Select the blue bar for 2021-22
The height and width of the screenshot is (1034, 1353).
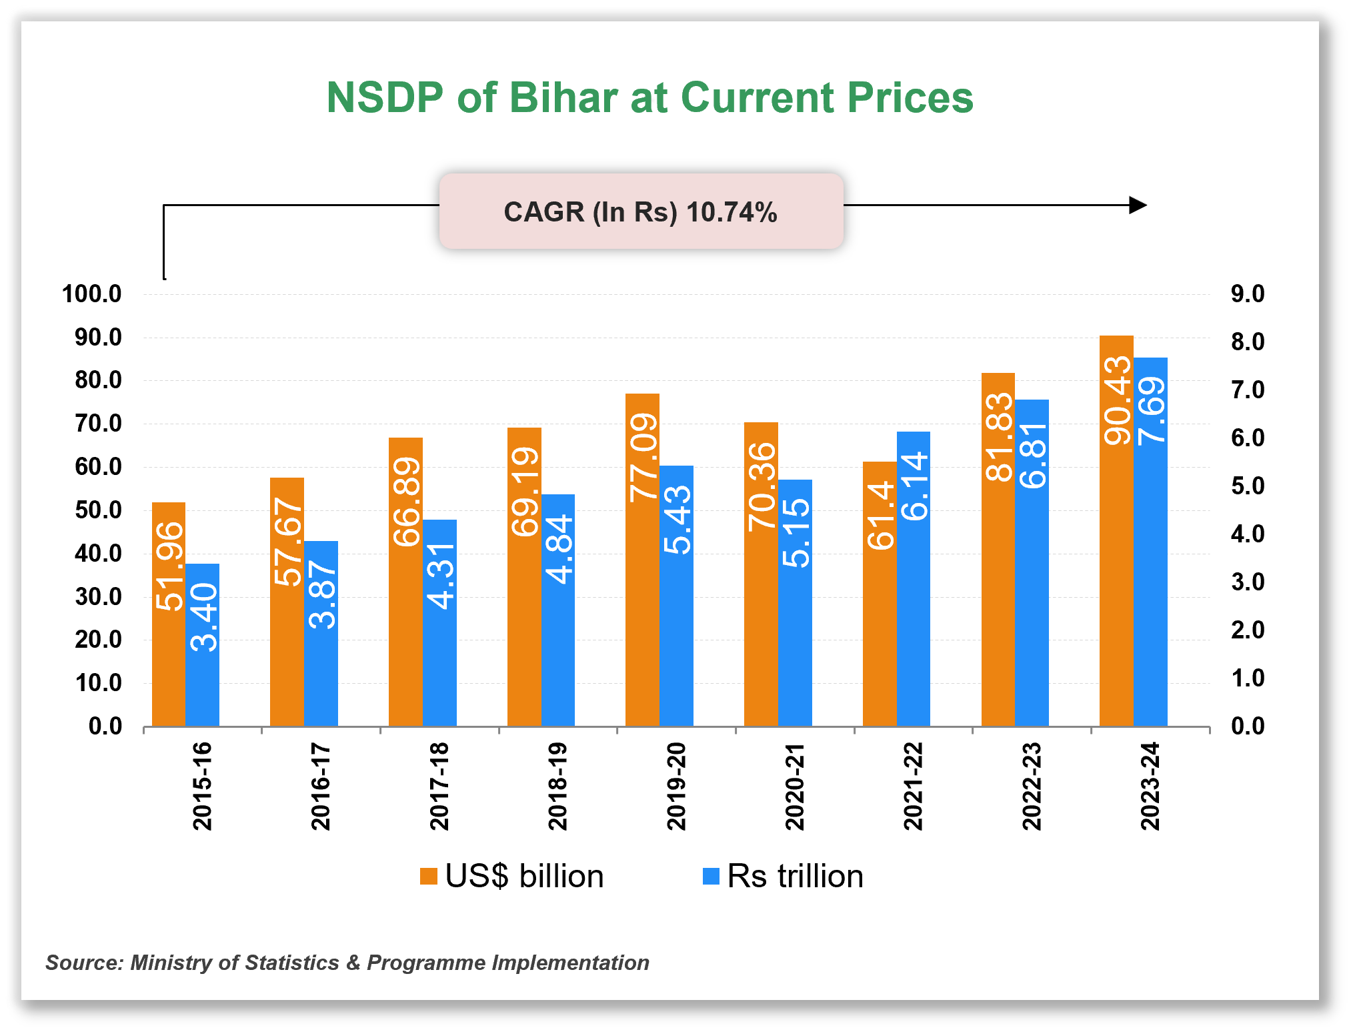(913, 600)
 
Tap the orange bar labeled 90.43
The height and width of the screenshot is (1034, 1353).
(1116, 567)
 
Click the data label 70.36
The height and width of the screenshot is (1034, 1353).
(761, 487)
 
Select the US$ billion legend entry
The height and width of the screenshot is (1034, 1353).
(511, 876)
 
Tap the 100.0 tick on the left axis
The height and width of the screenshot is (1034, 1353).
(91, 294)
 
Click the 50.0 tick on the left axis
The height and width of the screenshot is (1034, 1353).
(98, 510)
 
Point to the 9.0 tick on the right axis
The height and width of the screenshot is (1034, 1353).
(1247, 294)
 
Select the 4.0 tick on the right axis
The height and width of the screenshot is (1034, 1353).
(1247, 534)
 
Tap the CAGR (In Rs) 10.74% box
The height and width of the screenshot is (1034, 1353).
(641, 211)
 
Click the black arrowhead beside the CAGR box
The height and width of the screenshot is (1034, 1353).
(1138, 205)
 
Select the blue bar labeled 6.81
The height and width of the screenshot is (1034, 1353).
(1032, 600)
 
